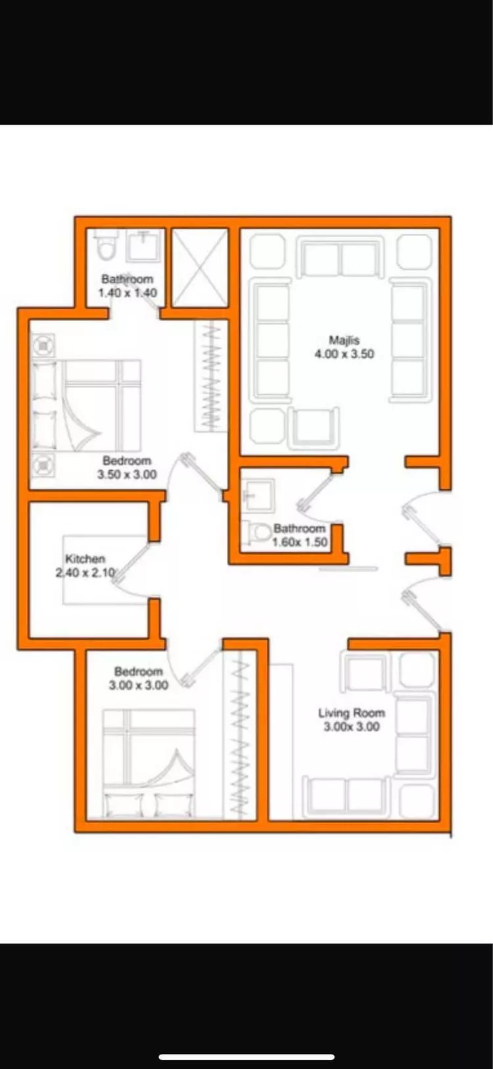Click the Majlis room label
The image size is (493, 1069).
[344, 340]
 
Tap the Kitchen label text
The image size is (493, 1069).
[85, 559]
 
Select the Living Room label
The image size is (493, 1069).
[352, 713]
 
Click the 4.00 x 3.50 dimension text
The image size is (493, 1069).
[344, 354]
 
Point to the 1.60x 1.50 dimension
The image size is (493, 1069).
[300, 542]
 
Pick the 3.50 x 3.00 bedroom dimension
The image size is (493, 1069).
[127, 474]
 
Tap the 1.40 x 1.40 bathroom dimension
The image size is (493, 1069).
[128, 293]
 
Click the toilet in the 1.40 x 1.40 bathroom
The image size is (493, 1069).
[106, 245]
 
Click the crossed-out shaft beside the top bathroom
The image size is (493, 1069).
[200, 268]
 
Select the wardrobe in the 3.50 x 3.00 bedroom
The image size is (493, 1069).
[211, 376]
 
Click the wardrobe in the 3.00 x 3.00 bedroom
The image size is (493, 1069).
[241, 735]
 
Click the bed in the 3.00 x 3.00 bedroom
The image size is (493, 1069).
[149, 764]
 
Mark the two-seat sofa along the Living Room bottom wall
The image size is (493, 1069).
[346, 797]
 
